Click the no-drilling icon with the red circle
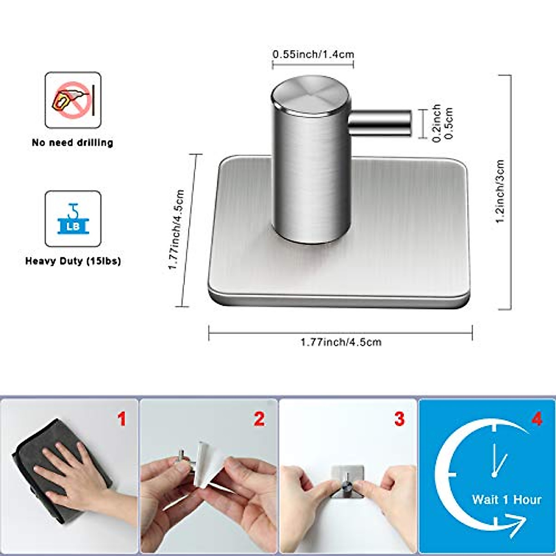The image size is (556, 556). [x=73, y=100]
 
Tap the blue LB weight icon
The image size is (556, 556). [x=73, y=219]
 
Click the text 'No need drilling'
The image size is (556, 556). [x=73, y=143]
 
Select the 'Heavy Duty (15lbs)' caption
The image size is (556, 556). [x=73, y=261]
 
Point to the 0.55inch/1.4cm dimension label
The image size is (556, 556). [x=313, y=54]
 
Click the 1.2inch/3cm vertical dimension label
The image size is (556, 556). [x=500, y=192]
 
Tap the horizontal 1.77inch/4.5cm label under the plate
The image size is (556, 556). [x=341, y=342]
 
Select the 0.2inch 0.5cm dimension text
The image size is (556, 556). [x=442, y=124]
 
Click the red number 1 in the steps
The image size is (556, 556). [x=121, y=420]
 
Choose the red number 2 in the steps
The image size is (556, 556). [x=259, y=420]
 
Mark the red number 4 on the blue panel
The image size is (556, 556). [x=537, y=420]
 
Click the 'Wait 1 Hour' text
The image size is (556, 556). [x=506, y=499]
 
